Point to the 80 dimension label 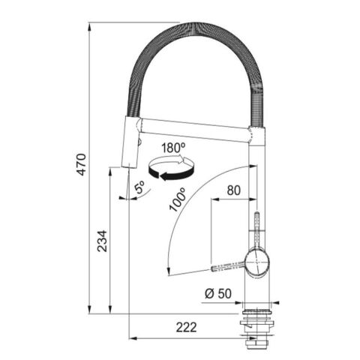233,191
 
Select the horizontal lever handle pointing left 228,266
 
